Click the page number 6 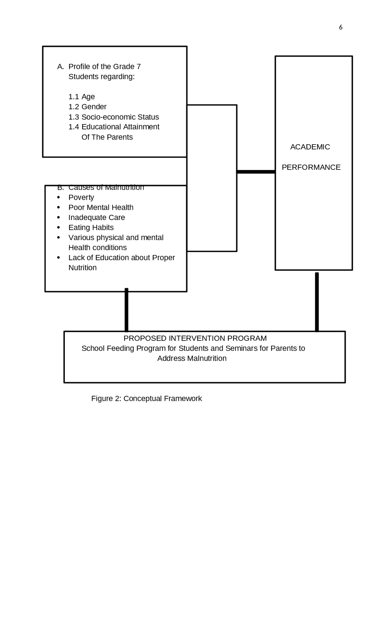341,27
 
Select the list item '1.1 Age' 82,97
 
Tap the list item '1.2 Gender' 87,107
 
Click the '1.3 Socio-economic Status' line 114,117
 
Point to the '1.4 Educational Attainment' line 114,127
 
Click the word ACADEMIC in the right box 310,147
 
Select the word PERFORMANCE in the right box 311,167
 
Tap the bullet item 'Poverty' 81,197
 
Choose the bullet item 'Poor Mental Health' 101,207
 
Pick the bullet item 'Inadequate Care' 96,217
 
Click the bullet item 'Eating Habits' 91,227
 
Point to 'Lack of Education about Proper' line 122,258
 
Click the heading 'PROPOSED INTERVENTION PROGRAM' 195,338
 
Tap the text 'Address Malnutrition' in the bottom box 192,358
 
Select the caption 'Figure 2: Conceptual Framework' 146,399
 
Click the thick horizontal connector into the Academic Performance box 256,172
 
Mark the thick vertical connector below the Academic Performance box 317,302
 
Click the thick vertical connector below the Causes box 126,310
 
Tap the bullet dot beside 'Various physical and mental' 59,237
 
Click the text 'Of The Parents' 107,137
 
